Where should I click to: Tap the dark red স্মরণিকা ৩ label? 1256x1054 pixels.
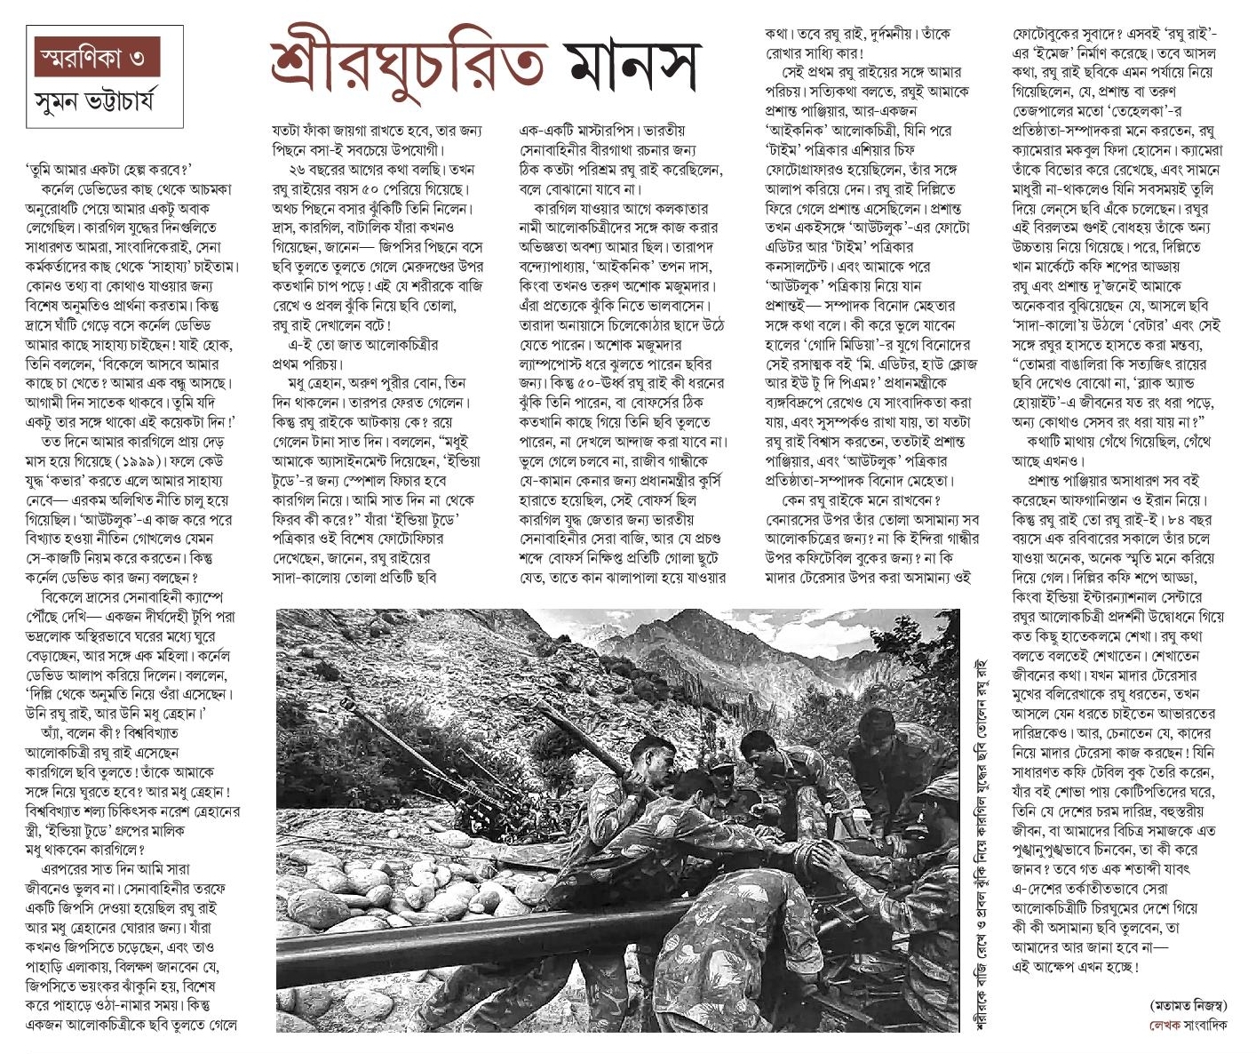point(92,60)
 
